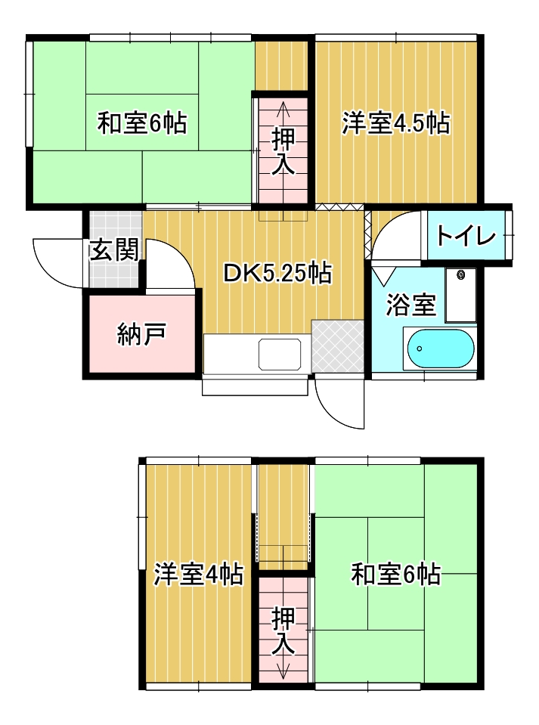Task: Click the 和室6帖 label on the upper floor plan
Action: pos(142,123)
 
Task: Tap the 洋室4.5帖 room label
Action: pos(395,123)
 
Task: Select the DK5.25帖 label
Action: pos(277,273)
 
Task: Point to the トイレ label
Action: pos(466,237)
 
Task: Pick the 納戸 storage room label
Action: pos(141,334)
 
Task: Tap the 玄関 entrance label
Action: pos(113,250)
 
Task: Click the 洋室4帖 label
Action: pos(198,575)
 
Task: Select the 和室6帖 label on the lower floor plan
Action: pos(395,575)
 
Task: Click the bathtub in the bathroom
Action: pos(441,349)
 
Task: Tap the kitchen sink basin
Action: pos(279,354)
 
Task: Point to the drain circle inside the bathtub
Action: pos(420,349)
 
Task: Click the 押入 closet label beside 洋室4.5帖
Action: pos(283,152)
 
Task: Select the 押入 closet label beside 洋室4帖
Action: pos(283,631)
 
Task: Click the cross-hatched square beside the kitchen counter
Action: pos(338,346)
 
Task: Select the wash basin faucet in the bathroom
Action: pos(460,275)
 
